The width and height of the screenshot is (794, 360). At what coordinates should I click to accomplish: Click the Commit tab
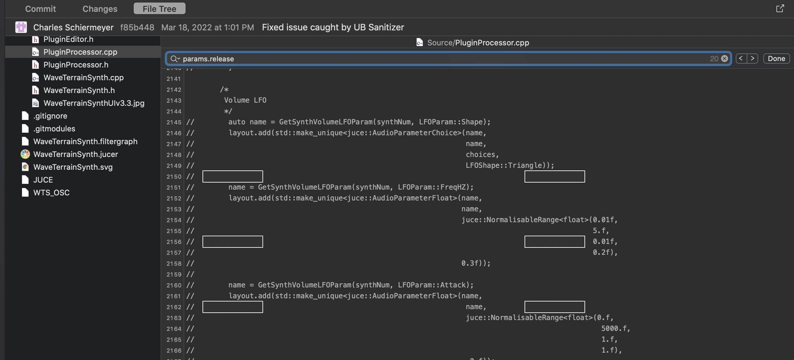click(x=40, y=9)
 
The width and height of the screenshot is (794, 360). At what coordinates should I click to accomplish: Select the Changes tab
click(x=100, y=9)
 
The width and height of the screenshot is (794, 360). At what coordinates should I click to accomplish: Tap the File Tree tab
click(x=159, y=9)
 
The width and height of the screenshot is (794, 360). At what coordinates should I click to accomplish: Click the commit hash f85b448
click(x=137, y=27)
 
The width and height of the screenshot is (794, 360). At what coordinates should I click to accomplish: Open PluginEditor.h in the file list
click(x=68, y=39)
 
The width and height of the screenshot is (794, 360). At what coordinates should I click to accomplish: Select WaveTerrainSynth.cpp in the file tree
click(x=83, y=78)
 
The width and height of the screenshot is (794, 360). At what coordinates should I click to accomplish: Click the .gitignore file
click(x=50, y=116)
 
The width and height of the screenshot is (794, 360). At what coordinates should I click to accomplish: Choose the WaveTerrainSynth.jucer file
click(x=75, y=154)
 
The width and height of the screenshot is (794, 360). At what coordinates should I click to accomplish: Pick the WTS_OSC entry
click(x=51, y=193)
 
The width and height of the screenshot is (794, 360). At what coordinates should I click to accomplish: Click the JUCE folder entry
click(x=43, y=180)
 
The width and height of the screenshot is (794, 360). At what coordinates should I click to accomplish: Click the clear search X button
click(x=725, y=59)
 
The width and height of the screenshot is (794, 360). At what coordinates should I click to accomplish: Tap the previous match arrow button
click(x=741, y=59)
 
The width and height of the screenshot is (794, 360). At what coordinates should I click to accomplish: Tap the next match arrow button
click(x=752, y=59)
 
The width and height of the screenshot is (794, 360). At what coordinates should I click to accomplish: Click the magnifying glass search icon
click(x=174, y=59)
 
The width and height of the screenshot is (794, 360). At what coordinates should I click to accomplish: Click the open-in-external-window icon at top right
click(x=780, y=9)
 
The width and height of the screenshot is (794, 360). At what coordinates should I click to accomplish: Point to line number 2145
click(x=174, y=122)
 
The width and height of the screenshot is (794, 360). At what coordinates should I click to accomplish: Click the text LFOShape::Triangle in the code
click(x=504, y=166)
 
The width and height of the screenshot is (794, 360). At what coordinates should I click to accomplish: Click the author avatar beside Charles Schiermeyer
click(x=21, y=27)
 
